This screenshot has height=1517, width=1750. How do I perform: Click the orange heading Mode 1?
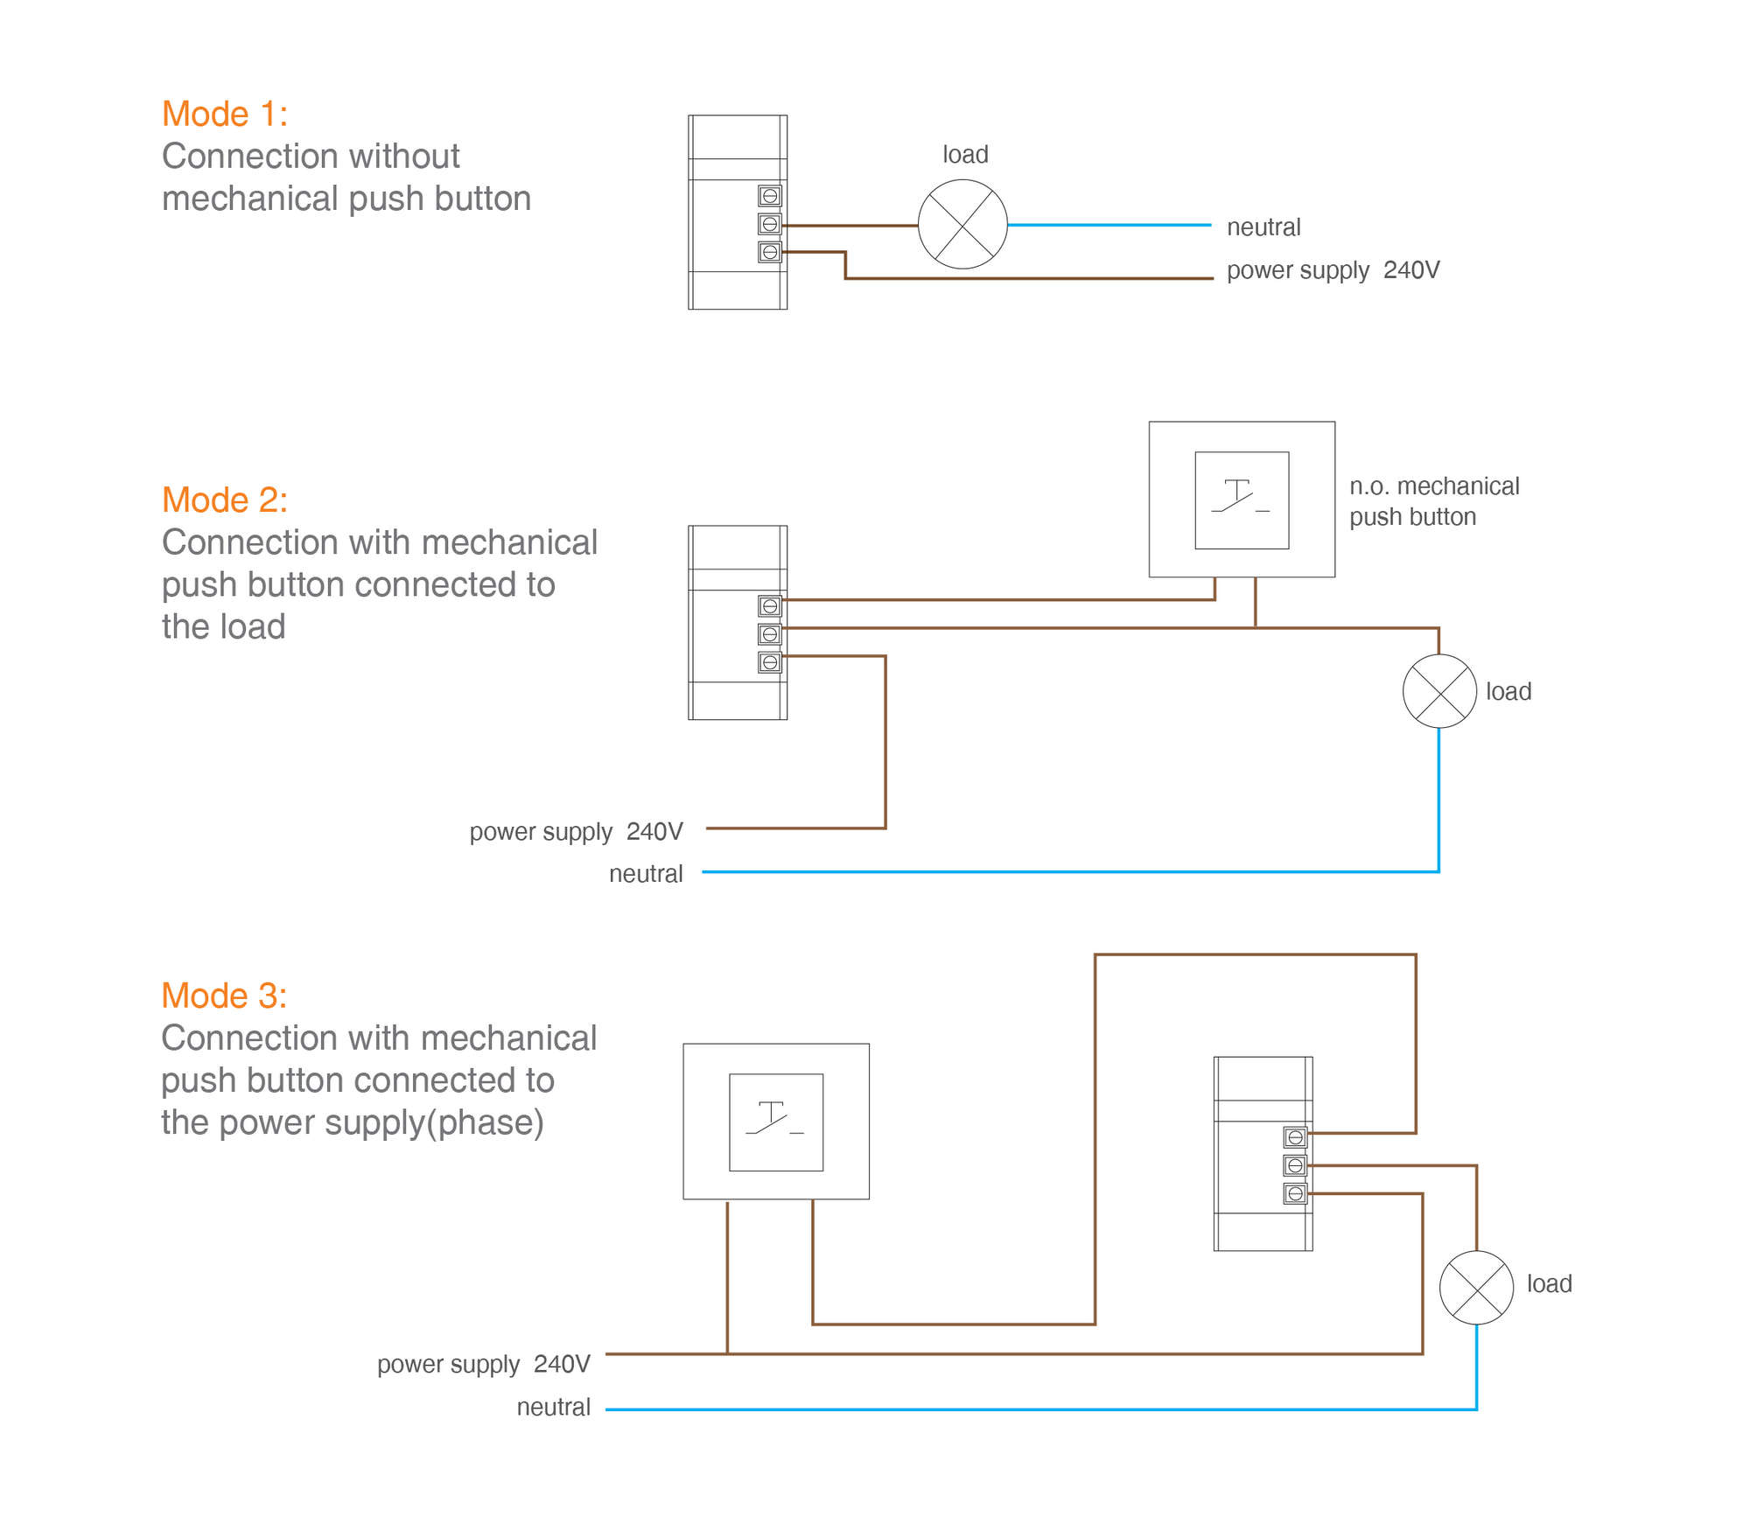coord(225,115)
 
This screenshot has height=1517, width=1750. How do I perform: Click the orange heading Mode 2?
coord(225,500)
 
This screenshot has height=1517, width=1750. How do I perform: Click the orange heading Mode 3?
coord(224,996)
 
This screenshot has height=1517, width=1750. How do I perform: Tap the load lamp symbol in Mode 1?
coord(962,225)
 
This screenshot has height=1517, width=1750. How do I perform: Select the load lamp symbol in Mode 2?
coord(1439,691)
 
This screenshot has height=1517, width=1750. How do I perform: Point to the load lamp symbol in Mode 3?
coord(1476,1288)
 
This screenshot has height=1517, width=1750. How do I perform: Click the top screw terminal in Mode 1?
coord(770,196)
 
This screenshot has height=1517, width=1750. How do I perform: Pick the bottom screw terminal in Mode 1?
coord(770,252)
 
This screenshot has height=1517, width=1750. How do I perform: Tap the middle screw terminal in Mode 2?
coord(770,634)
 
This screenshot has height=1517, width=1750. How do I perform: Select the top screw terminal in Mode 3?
coord(1295,1137)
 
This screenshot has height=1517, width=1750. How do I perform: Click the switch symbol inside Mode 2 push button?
coord(1241,499)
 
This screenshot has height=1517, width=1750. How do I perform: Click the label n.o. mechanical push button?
coord(1433,501)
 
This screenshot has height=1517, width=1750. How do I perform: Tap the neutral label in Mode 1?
coord(1263,227)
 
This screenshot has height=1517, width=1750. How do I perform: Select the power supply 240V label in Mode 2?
coord(576,831)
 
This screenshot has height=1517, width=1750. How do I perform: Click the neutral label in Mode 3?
coord(553,1407)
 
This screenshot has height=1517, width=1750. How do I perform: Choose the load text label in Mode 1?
coord(965,155)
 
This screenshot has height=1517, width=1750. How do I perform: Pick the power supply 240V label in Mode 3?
coord(483,1364)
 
